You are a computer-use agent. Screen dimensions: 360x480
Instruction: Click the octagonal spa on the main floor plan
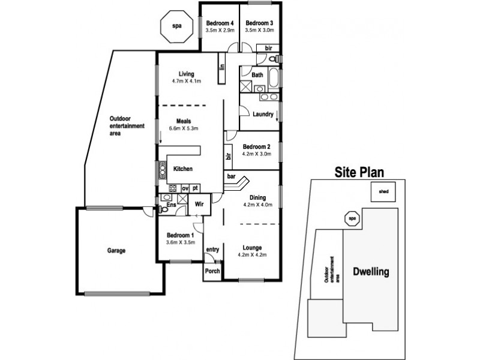[x=176, y=27]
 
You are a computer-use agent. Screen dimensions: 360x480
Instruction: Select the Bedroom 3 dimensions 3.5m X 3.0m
[x=260, y=29]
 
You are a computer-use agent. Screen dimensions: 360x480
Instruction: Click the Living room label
[x=179, y=74]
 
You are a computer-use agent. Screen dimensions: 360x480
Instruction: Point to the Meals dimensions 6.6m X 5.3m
[x=184, y=128]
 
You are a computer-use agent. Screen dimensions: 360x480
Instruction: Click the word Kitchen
[x=183, y=169]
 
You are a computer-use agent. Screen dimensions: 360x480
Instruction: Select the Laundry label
[x=263, y=114]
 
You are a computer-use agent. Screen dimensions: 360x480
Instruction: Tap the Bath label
[x=257, y=75]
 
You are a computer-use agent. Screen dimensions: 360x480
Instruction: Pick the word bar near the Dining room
[x=231, y=176]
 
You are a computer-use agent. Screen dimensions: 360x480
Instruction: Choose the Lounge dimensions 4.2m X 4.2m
[x=251, y=255]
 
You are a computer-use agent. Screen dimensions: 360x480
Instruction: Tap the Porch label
[x=212, y=271]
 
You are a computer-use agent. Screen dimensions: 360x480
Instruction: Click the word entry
[x=212, y=249]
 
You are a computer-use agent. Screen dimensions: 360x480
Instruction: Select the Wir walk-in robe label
[x=199, y=203]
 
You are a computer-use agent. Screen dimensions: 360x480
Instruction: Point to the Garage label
[x=116, y=251]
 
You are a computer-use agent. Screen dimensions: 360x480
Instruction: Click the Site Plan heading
[x=359, y=173]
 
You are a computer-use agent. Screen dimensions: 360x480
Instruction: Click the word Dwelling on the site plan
[x=370, y=272]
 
